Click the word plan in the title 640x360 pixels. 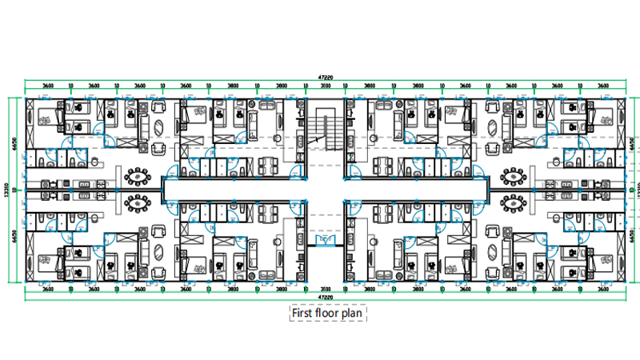coord(351,313)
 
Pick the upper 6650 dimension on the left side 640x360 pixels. coord(15,144)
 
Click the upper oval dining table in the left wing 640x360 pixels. coord(138,175)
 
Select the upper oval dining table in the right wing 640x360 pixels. coord(513,175)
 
